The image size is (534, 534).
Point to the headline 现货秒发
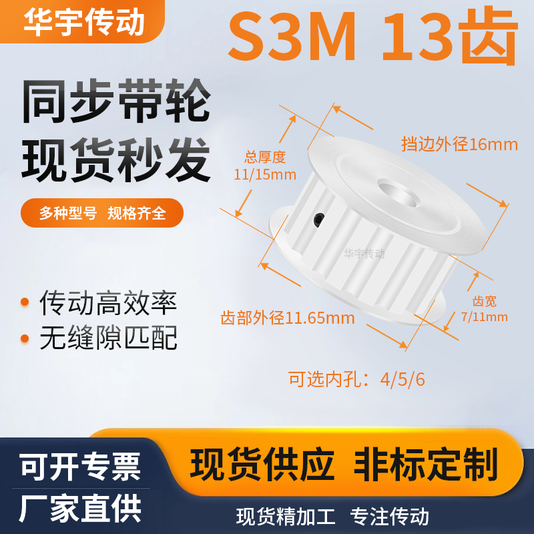click(x=116, y=160)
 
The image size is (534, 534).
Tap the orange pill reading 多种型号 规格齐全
click(x=102, y=214)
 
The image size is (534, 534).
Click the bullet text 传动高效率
click(x=108, y=304)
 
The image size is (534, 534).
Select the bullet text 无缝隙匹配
click(x=108, y=339)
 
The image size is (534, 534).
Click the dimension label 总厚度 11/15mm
click(x=265, y=166)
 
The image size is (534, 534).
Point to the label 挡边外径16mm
click(x=459, y=144)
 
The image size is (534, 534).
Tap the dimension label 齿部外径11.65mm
click(x=288, y=318)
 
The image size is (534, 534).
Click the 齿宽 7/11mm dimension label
click(x=485, y=310)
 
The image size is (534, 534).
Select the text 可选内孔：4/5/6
click(x=356, y=379)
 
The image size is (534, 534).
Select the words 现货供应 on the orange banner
click(x=262, y=463)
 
